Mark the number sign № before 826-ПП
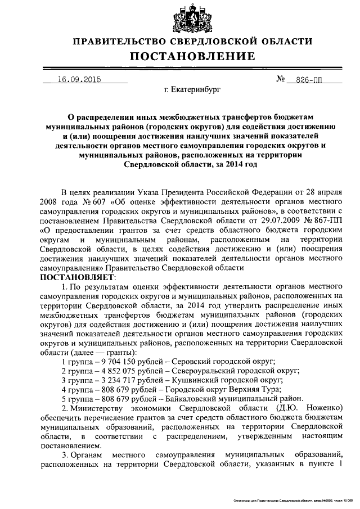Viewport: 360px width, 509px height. click(282, 79)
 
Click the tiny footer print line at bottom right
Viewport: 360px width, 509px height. click(290, 500)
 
